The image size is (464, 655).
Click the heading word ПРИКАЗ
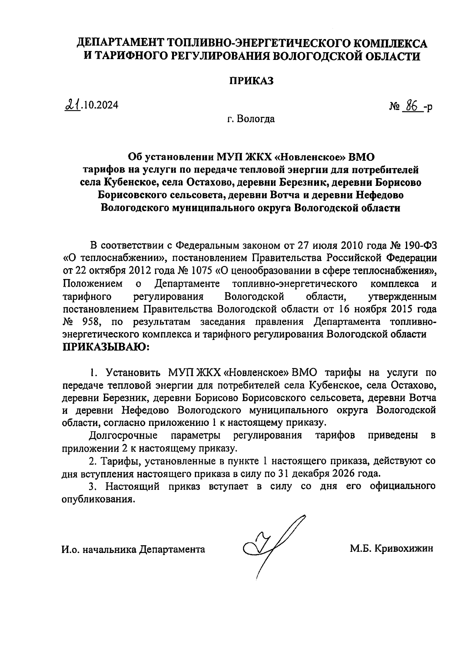point(252,81)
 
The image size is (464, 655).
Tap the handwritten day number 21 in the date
point(72,105)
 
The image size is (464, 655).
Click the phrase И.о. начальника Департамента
point(133,549)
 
